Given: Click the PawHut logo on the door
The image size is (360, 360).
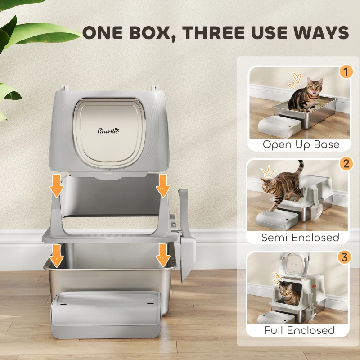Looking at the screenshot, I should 108,131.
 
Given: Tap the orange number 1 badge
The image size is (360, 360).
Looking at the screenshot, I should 345,72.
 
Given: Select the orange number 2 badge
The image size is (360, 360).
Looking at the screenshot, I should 345,163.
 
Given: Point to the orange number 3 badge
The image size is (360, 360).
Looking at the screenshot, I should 345,257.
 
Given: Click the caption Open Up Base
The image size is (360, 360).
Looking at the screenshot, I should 301,144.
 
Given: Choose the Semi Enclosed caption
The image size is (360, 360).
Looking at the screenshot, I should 300,237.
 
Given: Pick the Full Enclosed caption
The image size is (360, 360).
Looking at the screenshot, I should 300,330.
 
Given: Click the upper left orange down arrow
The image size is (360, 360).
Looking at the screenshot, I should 56,186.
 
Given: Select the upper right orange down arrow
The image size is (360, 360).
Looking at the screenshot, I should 163,186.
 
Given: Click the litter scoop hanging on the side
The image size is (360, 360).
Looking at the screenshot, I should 186,234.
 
